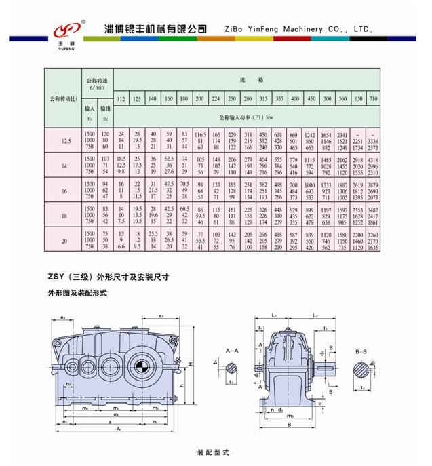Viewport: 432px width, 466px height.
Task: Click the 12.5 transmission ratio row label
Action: point(66,141)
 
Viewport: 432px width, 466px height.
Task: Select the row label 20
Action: point(66,240)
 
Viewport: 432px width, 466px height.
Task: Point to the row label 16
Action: point(66,191)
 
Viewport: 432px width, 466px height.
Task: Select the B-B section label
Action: point(361,352)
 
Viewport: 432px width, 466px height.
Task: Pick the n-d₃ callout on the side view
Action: point(275,410)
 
